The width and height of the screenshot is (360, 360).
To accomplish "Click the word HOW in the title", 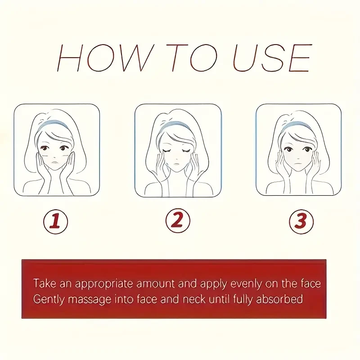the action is click(x=105, y=58).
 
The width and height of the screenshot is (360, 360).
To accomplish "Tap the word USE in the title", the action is click(x=273, y=58).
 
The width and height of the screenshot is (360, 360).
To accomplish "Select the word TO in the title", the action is click(x=192, y=58).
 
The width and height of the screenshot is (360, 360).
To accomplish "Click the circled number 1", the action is click(x=55, y=221).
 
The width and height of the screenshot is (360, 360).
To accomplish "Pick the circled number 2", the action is click(x=178, y=220).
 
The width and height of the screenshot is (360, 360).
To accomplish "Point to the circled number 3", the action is click(x=301, y=221).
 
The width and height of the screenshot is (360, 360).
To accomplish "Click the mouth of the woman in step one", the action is click(x=54, y=162).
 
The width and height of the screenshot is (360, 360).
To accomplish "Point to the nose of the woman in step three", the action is click(x=297, y=158).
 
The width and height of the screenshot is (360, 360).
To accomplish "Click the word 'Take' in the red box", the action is click(x=45, y=283).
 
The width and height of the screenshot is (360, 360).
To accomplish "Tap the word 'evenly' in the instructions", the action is click(x=246, y=285).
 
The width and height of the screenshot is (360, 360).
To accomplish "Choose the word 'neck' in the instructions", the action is click(x=194, y=299).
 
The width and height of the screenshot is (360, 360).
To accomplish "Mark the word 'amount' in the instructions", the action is click(x=155, y=284).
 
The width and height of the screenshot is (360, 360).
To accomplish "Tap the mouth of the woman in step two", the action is click(x=176, y=164).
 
